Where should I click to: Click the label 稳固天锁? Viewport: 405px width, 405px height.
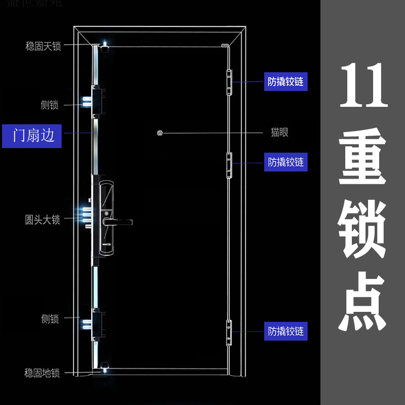click(43, 46)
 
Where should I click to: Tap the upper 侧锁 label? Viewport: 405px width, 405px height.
click(50, 105)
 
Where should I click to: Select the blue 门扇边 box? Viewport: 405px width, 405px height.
click(32, 136)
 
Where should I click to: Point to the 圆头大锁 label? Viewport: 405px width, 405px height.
click(43, 220)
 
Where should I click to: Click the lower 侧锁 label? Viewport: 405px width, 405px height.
click(50, 319)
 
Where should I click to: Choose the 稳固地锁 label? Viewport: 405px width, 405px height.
click(43, 373)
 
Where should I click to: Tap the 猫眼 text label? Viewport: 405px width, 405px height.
click(279, 133)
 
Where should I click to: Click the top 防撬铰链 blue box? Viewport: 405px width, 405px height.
click(286, 82)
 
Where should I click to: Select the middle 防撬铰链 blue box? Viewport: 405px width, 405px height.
click(286, 163)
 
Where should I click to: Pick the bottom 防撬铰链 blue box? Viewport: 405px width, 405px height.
click(286, 332)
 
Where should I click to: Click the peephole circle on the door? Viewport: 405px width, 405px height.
click(160, 133)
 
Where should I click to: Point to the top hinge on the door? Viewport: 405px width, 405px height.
click(229, 81)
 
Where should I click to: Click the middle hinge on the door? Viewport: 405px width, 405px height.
click(229, 165)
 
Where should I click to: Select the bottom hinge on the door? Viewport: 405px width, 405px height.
click(229, 333)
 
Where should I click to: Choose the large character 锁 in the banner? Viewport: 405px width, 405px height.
click(363, 229)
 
